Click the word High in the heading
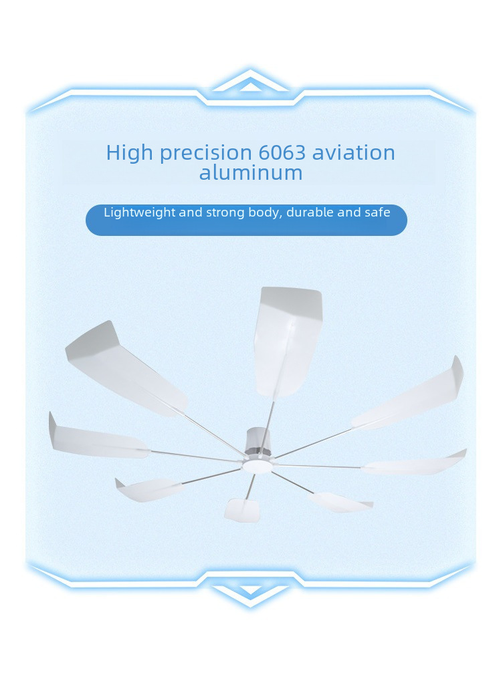click(x=129, y=153)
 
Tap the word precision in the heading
click(x=206, y=154)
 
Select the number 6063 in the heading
click(x=282, y=153)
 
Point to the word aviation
click(x=354, y=153)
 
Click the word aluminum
click(x=251, y=172)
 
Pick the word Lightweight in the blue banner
click(x=140, y=213)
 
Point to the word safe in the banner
click(x=378, y=213)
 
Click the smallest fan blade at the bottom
click(x=243, y=510)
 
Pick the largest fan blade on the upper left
click(x=125, y=368)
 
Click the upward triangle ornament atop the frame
click(x=250, y=83)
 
